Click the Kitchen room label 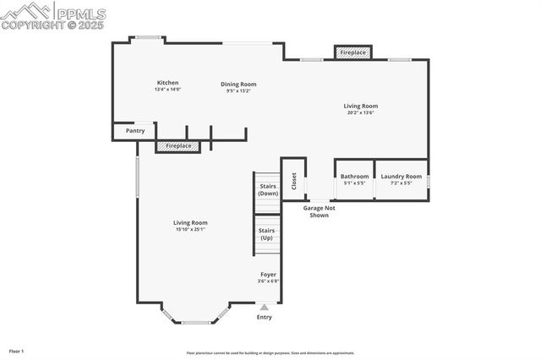pyautogui.click(x=167, y=83)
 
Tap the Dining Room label pyautogui.click(x=238, y=84)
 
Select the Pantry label pyautogui.click(x=135, y=131)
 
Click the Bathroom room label pyautogui.click(x=354, y=176)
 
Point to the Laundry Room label pyautogui.click(x=401, y=176)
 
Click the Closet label pyautogui.click(x=293, y=180)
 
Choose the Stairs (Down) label pyautogui.click(x=268, y=190)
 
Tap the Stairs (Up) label pyautogui.click(x=267, y=234)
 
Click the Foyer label pyautogui.click(x=268, y=275)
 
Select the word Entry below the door pyautogui.click(x=265, y=317)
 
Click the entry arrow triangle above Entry pyautogui.click(x=265, y=308)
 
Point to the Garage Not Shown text pyautogui.click(x=319, y=211)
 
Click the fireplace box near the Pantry pyautogui.click(x=178, y=146)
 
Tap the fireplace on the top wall pyautogui.click(x=352, y=52)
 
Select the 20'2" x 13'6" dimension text pyautogui.click(x=360, y=112)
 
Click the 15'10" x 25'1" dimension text pyautogui.click(x=190, y=229)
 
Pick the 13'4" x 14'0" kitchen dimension pyautogui.click(x=167, y=90)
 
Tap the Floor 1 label pyautogui.click(x=16, y=351)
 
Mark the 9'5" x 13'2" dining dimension pyautogui.click(x=238, y=90)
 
